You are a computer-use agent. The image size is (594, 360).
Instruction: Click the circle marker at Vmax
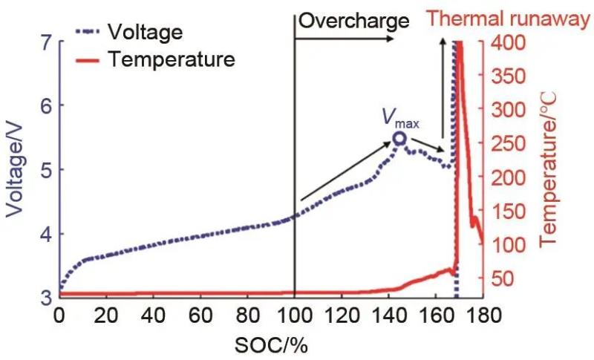[400, 138]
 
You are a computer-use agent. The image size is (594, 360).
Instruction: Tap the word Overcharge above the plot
[353, 21]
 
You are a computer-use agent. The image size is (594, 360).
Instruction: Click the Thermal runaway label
[515, 19]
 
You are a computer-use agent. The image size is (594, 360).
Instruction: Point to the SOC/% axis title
[272, 346]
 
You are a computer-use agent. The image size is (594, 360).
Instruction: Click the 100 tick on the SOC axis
[295, 315]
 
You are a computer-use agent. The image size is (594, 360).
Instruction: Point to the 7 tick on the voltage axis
[45, 43]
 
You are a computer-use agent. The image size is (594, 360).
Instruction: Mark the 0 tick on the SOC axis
[59, 315]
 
